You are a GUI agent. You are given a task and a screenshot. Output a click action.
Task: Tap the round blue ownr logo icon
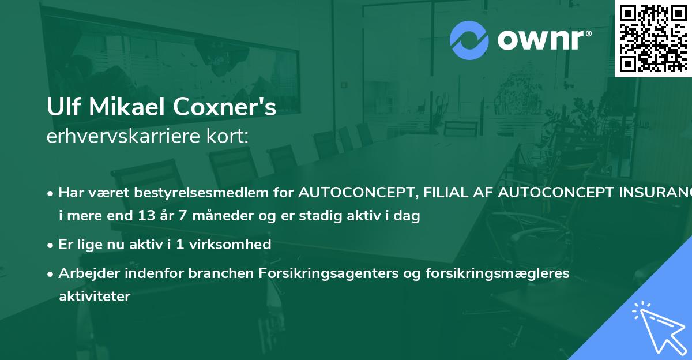(469, 40)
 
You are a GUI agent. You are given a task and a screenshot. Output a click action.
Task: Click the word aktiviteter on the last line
(95, 297)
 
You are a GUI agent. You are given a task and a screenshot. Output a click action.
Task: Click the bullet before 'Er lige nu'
(51, 245)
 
